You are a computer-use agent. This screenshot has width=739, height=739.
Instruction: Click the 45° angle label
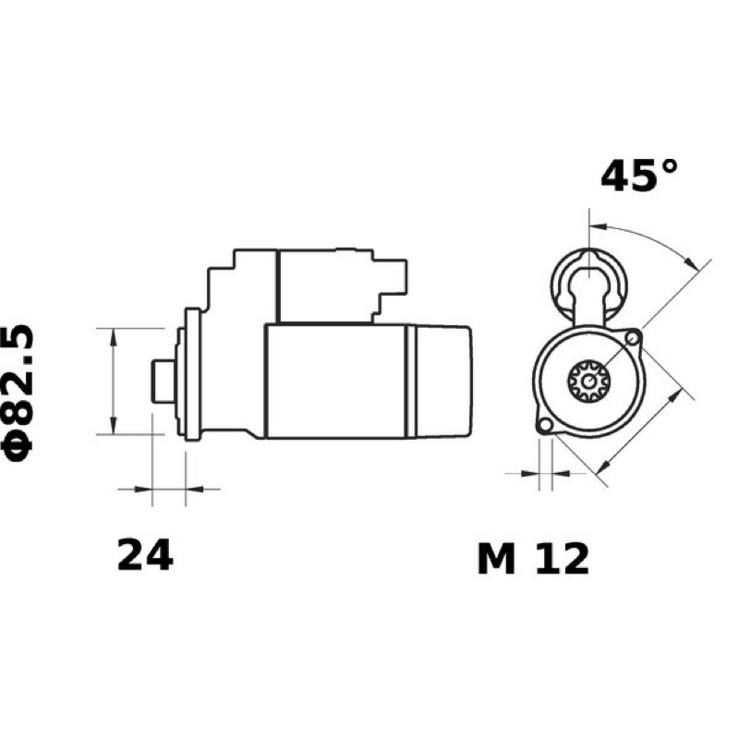click(639, 176)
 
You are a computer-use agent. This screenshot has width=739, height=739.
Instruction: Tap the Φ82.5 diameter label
click(18, 392)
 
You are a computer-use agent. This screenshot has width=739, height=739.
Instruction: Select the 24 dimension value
click(145, 556)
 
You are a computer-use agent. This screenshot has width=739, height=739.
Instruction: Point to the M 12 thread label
click(534, 559)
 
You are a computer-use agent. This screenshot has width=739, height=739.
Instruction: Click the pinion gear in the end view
click(588, 381)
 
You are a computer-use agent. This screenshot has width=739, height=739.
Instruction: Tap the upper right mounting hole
click(633, 338)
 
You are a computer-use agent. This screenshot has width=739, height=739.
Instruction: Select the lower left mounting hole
click(545, 425)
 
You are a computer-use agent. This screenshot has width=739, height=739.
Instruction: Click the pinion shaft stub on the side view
click(163, 382)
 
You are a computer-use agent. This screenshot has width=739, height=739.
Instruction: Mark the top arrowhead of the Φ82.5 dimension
click(113, 336)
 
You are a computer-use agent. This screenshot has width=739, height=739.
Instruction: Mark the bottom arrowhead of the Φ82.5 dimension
click(113, 426)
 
